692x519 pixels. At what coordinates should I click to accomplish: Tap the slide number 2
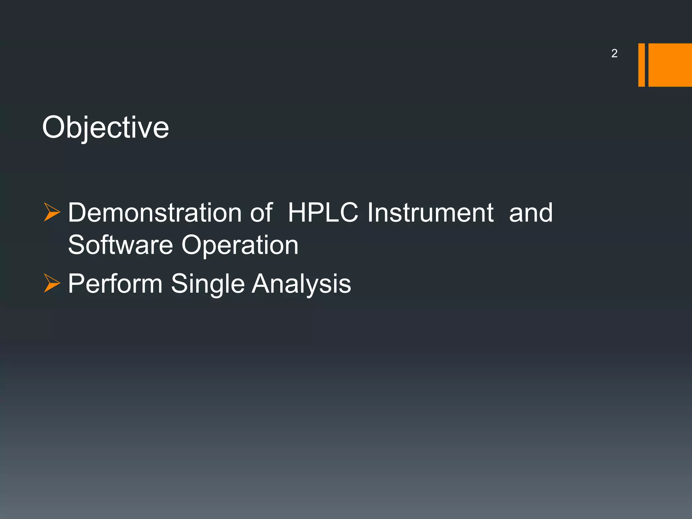[x=614, y=53]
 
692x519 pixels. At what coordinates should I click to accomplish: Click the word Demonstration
[x=155, y=213]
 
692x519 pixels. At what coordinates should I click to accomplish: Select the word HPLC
[x=323, y=213]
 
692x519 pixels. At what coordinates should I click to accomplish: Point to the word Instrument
[x=430, y=213]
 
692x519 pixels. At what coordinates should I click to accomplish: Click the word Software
[x=120, y=245]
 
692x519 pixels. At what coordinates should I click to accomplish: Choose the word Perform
[x=115, y=283]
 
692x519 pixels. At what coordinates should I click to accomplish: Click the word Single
[x=207, y=284]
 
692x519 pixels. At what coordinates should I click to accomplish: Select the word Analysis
[x=301, y=284]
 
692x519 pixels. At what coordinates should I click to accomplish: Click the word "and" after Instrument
[x=530, y=213]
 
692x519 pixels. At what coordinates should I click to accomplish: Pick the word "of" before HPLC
[x=262, y=213]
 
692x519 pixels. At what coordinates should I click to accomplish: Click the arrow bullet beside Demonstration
[x=52, y=213]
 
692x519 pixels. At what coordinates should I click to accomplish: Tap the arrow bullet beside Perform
[x=52, y=283]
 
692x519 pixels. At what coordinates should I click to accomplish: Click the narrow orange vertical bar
[x=641, y=65]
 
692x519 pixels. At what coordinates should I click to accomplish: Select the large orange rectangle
[x=670, y=65]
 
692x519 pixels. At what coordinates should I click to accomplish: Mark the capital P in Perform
[x=76, y=283]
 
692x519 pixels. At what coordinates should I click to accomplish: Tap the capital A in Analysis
[x=262, y=283]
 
